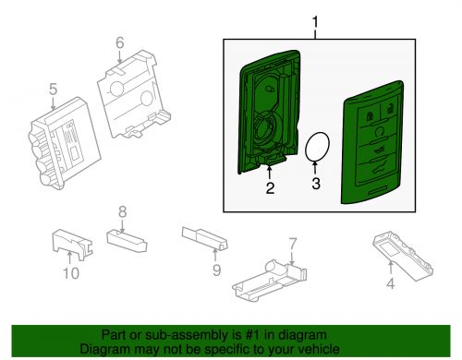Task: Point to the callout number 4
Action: point(390,282)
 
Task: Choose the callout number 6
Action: point(119,42)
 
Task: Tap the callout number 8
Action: point(121,213)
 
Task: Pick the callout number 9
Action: point(216,270)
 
